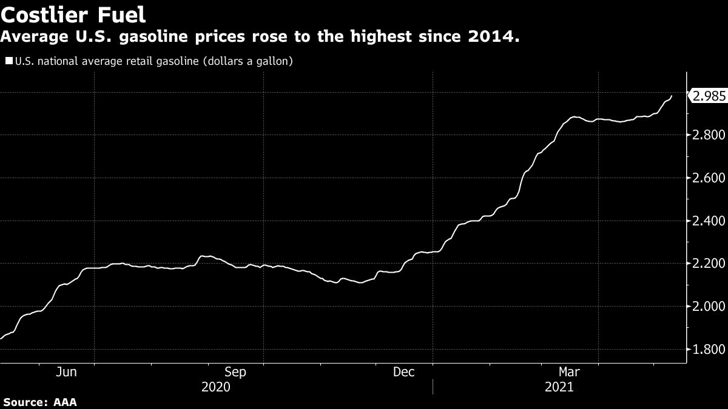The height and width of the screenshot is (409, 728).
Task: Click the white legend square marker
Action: point(9,61)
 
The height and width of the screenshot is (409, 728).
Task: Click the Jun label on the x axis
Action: point(66,372)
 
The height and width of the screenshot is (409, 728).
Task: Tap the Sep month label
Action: point(235,372)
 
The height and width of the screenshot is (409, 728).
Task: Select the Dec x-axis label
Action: point(404,372)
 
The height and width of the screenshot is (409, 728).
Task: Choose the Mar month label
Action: point(569,372)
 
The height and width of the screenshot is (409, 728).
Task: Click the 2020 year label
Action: point(217,387)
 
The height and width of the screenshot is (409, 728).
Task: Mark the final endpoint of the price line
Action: point(672,96)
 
